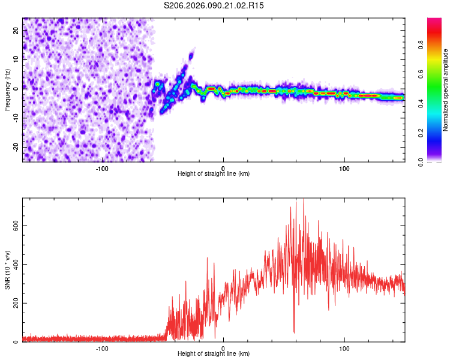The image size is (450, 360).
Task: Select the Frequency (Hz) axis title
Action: (x=8, y=90)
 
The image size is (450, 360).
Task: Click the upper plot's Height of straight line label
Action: (x=214, y=174)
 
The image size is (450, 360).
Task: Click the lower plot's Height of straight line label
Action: (x=214, y=354)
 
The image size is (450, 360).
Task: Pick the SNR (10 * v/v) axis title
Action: (x=8, y=270)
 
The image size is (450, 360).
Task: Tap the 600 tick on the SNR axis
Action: (x=13, y=225)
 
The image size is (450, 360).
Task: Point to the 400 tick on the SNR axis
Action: (x=13, y=264)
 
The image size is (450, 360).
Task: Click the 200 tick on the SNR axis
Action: (x=13, y=303)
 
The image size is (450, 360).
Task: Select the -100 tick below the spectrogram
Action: (x=102, y=167)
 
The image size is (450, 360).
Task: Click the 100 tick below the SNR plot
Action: (x=344, y=347)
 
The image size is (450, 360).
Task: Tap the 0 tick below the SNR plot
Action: (x=223, y=347)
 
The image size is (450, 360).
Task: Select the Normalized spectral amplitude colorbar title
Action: (x=446, y=90)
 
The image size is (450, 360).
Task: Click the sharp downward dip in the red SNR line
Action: (x=294, y=331)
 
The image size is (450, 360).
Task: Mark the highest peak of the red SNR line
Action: (x=304, y=199)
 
